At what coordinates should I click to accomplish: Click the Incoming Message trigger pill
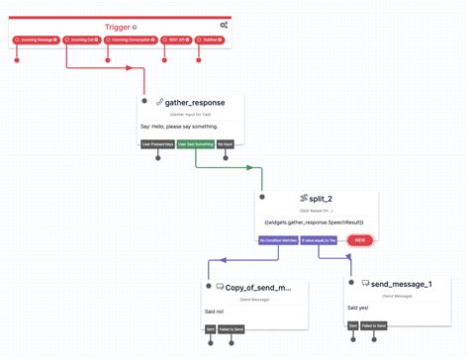[x=36, y=41]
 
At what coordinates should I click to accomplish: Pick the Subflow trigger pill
[x=211, y=41]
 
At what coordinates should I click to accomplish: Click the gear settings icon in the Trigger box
[x=224, y=25]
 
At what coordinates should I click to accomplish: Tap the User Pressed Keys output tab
[x=157, y=144]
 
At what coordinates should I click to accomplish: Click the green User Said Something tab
[x=195, y=144]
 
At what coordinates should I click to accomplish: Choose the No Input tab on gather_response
[x=226, y=144]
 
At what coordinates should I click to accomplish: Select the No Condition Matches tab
[x=278, y=240]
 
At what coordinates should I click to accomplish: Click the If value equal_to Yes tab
[x=320, y=240]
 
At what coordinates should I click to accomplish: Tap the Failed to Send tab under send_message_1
[x=373, y=324]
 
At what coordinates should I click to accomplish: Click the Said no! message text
[x=215, y=311]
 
